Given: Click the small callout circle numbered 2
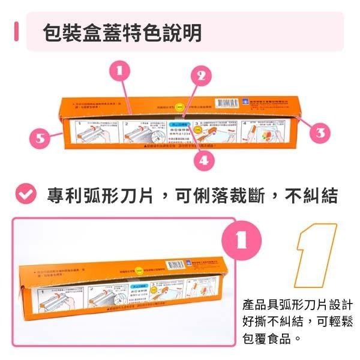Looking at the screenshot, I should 202,76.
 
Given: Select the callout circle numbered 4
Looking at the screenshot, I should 204,160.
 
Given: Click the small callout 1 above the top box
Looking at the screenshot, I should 121,70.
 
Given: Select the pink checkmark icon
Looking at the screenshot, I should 25,194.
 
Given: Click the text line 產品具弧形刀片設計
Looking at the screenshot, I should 297,305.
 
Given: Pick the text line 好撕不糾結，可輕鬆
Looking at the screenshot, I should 297,322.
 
